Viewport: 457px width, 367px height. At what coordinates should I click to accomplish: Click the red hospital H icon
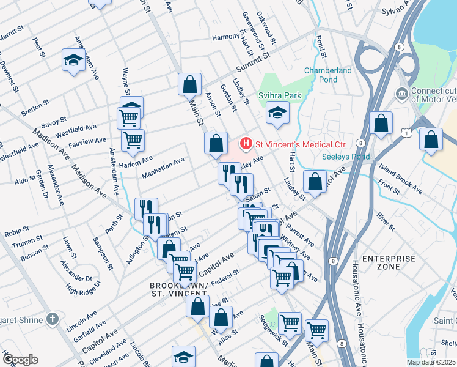[x=246, y=144]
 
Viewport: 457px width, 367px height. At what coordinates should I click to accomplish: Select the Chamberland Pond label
[x=328, y=75]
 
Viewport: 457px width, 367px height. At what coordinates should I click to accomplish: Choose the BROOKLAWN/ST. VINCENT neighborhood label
[x=177, y=289]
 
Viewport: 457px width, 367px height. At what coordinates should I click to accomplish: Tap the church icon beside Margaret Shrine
[x=53, y=319]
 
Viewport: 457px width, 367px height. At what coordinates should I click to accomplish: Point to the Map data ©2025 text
[x=431, y=362]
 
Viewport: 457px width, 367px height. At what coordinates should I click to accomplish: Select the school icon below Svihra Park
[x=277, y=113]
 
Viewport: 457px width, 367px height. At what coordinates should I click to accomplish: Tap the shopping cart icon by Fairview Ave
[x=133, y=141]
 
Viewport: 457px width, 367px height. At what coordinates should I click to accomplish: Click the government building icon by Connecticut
[x=401, y=94]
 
